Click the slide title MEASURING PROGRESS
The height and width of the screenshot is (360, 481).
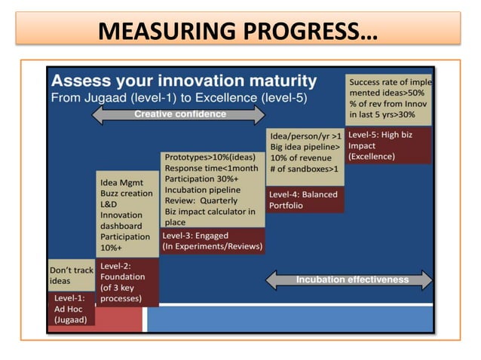(239, 32)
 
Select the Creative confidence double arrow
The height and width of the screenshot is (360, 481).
(179, 114)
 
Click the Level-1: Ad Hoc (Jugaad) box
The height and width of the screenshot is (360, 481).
(72, 309)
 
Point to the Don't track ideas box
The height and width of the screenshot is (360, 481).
(71, 276)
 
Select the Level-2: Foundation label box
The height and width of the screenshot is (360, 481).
(128, 282)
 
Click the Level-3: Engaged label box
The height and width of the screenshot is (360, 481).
(213, 241)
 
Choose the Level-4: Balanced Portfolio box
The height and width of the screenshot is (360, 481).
(303, 199)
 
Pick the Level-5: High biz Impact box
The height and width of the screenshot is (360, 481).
(388, 145)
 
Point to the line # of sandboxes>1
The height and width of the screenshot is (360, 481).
(302, 169)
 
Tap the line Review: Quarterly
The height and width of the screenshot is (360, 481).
(201, 201)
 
